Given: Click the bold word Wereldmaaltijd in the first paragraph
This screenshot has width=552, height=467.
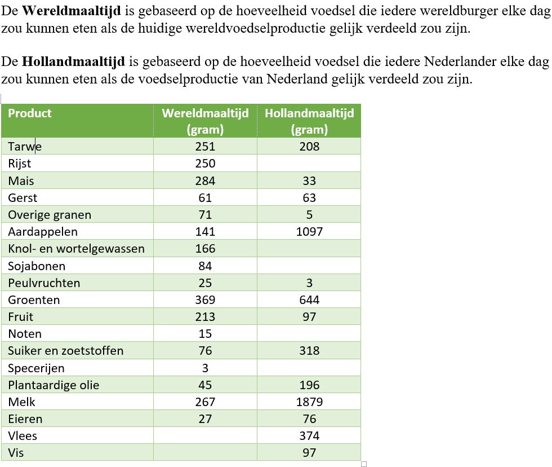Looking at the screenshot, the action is (72, 11).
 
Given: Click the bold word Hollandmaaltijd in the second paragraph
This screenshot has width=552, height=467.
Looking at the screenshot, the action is (73, 61).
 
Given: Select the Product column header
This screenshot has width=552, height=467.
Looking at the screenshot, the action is (29, 113).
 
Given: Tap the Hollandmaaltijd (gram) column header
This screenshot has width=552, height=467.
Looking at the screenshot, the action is (309, 121).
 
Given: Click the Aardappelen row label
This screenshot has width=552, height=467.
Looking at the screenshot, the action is (43, 232).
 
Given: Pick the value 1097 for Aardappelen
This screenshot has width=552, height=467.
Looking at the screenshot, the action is (309, 232).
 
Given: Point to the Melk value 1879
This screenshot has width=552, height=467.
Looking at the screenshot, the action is (309, 402).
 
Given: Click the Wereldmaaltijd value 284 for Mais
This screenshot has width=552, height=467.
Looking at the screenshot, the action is (205, 181).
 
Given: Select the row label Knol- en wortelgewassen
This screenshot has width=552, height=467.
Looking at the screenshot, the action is (76, 249).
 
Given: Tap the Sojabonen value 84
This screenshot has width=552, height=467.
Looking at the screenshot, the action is (205, 266).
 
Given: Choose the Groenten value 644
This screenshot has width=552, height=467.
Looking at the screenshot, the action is (309, 300).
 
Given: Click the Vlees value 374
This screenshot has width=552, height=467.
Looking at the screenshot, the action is (309, 436).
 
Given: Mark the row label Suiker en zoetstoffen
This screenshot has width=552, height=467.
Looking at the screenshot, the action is (65, 351).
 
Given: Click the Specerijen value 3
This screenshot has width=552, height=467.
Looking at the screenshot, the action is (205, 368).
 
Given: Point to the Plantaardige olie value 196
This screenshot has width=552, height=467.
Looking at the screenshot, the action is (309, 385).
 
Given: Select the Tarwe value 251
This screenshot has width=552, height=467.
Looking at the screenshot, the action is (205, 147).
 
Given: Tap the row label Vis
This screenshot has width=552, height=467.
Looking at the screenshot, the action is (16, 453).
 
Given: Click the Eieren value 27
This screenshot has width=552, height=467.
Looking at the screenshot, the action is (205, 419).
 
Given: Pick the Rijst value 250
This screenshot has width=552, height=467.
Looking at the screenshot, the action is (205, 164).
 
